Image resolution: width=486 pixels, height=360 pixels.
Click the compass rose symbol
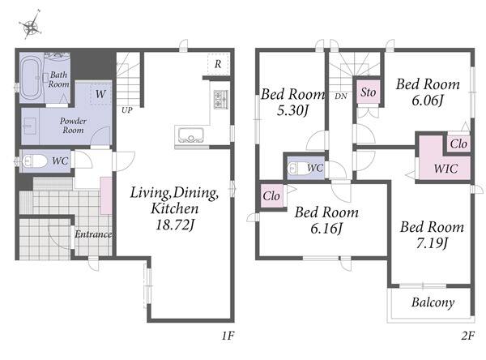pos(31,25)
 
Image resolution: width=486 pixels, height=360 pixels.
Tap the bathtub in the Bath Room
pos(32,78)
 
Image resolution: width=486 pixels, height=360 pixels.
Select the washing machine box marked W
pos(100,93)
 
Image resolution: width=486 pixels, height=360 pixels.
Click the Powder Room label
pos(73,125)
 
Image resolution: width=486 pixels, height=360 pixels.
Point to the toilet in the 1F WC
pos(33,161)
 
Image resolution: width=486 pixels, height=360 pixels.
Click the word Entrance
pos(93,234)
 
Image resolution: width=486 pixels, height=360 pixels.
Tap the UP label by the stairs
pos(127,109)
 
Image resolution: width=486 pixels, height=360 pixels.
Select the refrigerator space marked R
pos(219,64)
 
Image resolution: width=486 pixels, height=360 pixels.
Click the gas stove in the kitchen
pos(221,99)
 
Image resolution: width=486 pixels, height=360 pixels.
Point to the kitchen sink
pos(190,135)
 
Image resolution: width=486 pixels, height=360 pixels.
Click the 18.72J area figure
pos(175,225)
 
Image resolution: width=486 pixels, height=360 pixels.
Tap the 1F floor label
pos(228,336)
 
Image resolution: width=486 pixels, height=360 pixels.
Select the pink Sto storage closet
pos(369,92)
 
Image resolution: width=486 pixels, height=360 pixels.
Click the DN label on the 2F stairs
pos(341,96)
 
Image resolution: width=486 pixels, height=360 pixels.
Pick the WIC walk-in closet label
pos(446,169)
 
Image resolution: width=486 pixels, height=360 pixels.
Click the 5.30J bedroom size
pos(292,110)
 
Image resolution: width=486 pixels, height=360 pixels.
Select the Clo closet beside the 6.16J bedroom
pos(271,196)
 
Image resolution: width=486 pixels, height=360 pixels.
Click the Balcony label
pos(433,302)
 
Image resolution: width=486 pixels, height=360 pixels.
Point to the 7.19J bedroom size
pos(432,242)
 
